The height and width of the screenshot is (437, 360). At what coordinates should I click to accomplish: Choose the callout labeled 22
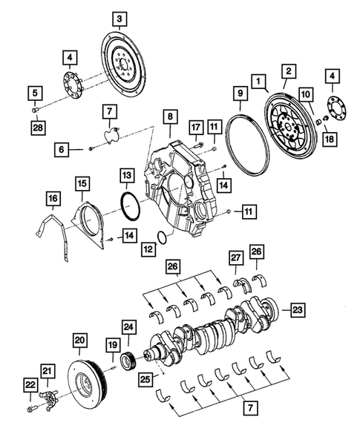(x=30, y=384)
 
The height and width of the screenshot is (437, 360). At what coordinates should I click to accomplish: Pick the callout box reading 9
(x=240, y=94)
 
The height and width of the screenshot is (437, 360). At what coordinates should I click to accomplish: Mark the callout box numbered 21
(x=47, y=371)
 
